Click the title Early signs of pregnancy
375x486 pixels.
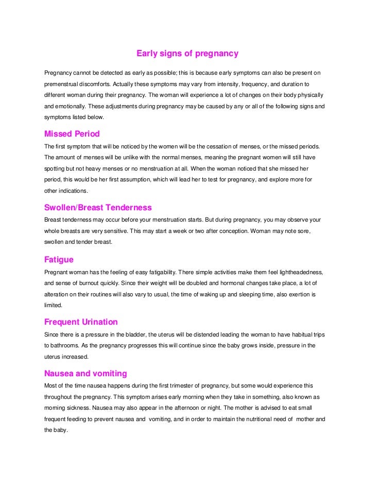187,54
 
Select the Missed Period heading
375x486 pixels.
72,134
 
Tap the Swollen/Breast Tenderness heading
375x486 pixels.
98,208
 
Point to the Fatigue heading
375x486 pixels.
59,259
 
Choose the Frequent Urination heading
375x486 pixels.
81,322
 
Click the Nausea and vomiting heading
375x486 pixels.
86,373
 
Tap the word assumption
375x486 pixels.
172,180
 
